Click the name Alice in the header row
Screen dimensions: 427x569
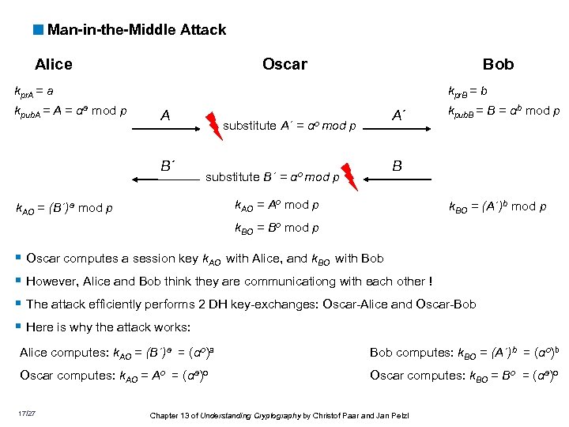[x=54, y=65]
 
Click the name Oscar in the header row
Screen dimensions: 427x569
[x=284, y=65]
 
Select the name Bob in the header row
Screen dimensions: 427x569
[x=498, y=65]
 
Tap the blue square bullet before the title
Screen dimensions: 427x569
[x=38, y=30]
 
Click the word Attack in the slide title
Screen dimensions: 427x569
[x=201, y=30]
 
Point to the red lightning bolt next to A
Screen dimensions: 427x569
[x=213, y=124]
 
